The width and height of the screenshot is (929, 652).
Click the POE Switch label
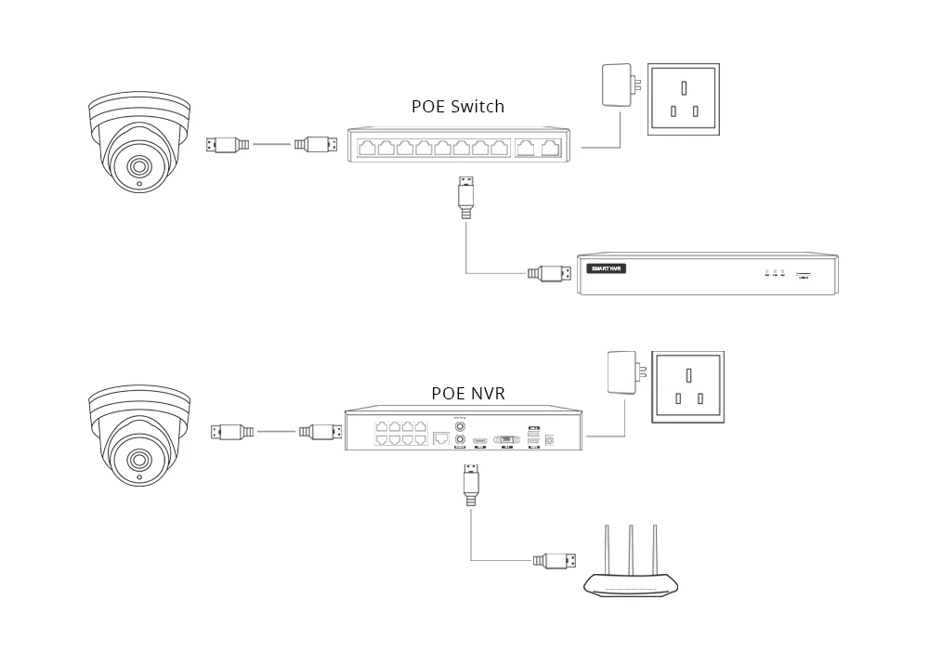coord(458,106)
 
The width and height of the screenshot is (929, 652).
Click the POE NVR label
coord(468,393)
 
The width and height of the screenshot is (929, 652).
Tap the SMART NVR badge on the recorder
coord(607,268)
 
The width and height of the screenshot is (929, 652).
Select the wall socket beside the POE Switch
coord(683,99)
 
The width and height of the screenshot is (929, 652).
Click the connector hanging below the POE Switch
coord(467,196)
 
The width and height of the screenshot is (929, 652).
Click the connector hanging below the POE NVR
coord(471,483)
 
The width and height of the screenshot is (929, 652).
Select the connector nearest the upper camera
coord(228,144)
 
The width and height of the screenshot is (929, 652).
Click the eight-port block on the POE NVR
coord(400,433)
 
